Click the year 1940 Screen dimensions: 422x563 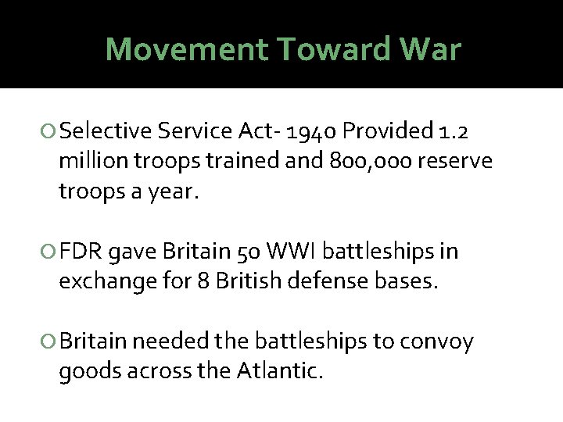pyautogui.click(x=311, y=131)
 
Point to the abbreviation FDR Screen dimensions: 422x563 pyautogui.click(x=81, y=252)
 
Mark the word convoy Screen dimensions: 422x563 pyautogui.click(x=439, y=342)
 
